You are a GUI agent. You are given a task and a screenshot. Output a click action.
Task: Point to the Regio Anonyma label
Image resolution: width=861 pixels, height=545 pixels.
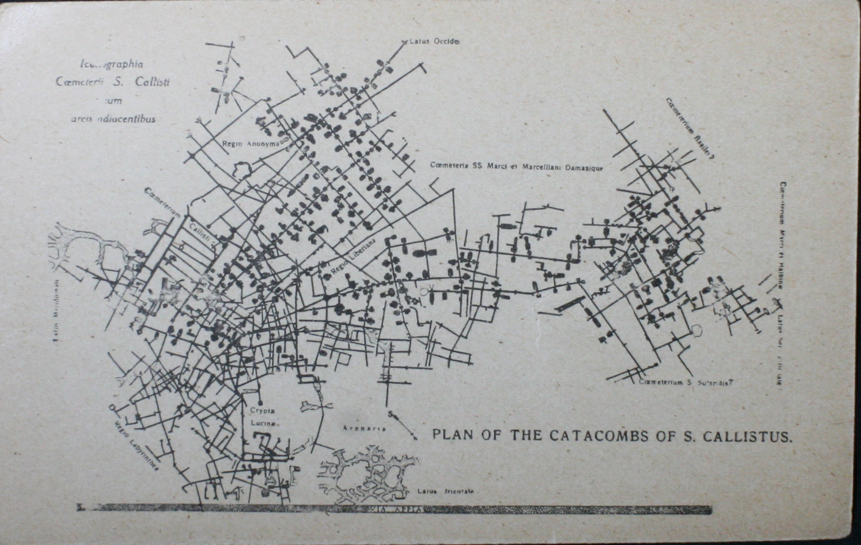[x=251, y=144]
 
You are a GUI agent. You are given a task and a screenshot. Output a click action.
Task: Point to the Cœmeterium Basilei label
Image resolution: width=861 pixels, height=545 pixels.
[x=690, y=128]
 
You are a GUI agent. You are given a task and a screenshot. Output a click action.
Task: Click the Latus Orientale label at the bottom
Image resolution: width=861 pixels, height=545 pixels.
[x=445, y=491]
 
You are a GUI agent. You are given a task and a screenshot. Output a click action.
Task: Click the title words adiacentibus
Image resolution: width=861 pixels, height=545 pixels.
[x=126, y=119]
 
